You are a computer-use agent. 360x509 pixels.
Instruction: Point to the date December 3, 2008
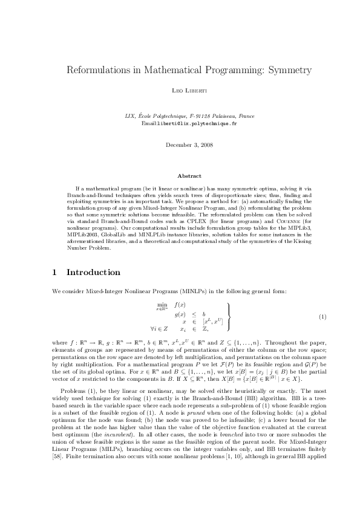coord(180,144)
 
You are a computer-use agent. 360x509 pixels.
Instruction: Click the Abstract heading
coord(180,175)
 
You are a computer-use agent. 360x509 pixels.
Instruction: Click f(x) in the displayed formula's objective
coord(180,304)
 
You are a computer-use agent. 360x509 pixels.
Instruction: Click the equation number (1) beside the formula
coord(322,317)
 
